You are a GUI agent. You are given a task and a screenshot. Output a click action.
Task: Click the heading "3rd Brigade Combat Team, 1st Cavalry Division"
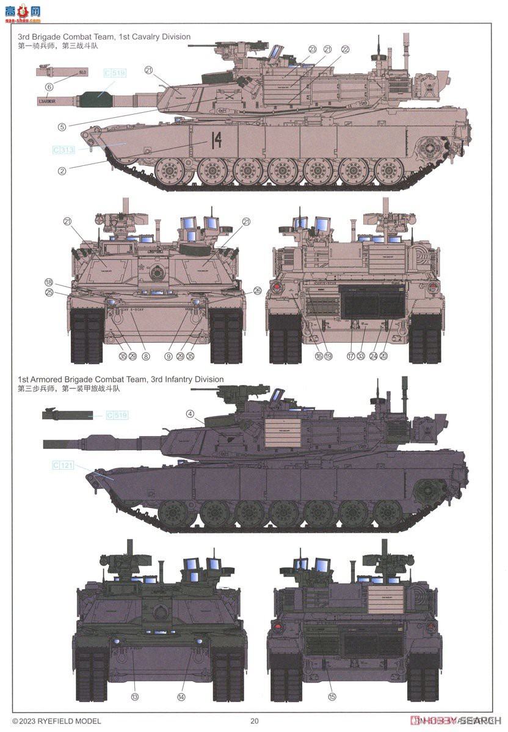click(x=104, y=37)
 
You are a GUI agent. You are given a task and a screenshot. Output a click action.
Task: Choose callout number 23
click(x=313, y=49)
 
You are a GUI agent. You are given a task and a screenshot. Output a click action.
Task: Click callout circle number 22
click(x=345, y=49)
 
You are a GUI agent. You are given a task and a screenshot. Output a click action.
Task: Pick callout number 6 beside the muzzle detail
click(x=49, y=87)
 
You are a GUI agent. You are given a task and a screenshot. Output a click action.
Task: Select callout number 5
click(x=62, y=127)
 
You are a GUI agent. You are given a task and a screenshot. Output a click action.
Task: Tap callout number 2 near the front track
click(x=62, y=171)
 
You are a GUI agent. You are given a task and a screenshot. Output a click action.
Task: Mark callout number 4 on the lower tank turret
click(x=191, y=414)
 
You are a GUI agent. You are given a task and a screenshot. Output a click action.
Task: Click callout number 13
click(x=135, y=697)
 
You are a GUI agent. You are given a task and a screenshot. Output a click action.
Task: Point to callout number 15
click(x=332, y=697)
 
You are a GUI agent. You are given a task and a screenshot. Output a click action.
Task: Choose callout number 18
click(x=49, y=282)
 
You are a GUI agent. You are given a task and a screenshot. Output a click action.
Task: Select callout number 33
click(x=360, y=356)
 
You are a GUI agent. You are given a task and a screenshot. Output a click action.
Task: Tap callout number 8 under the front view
click(x=145, y=356)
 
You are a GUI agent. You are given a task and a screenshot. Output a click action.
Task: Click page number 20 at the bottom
click(x=255, y=721)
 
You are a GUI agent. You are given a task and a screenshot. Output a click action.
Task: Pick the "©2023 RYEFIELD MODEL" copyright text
click(x=56, y=721)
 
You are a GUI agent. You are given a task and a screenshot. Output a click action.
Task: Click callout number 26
click(x=256, y=290)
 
